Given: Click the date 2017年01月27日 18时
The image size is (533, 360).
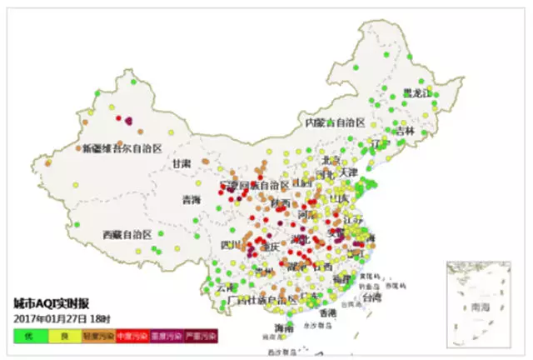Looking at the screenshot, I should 62,319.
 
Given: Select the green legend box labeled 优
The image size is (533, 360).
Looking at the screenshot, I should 28,335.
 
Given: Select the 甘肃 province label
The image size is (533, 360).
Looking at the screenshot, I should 182,163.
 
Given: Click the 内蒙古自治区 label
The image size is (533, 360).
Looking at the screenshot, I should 335,122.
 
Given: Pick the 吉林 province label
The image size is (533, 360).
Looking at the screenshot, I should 405,132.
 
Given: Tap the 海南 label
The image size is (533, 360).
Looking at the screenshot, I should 283,329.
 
